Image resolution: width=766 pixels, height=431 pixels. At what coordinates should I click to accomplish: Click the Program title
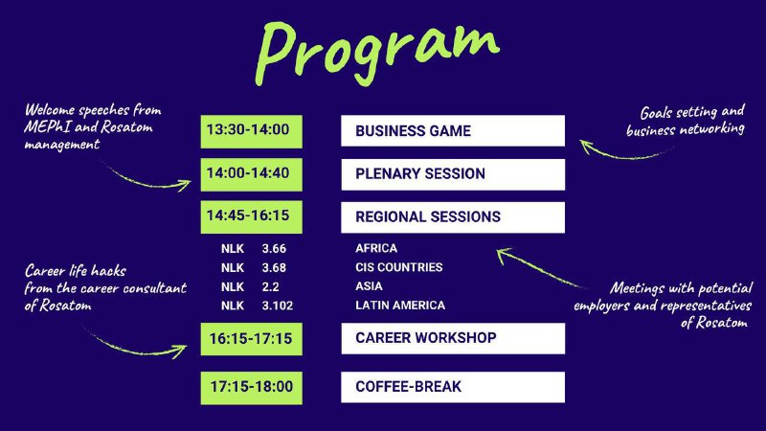[x=377, y=53]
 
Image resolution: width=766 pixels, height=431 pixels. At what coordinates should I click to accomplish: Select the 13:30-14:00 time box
[x=251, y=131]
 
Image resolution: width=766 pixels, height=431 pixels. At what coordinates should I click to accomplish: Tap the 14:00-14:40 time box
[x=251, y=174]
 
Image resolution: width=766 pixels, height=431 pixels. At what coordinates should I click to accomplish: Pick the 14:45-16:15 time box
[x=251, y=217]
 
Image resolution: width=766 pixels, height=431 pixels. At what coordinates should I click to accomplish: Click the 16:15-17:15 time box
[x=251, y=339]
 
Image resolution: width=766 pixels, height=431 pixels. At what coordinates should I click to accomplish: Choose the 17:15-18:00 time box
[x=251, y=388]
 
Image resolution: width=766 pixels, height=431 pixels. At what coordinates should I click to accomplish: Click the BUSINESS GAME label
[x=414, y=131]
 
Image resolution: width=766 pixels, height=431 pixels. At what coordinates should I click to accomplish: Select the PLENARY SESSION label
[x=420, y=174]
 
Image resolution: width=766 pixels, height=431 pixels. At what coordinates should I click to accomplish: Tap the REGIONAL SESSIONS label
[x=428, y=217]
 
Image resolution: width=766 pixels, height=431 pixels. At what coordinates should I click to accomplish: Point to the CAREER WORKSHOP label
[x=426, y=338]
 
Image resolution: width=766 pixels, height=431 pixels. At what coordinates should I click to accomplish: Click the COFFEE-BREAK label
[x=409, y=387]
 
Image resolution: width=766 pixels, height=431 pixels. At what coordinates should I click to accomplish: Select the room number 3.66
[x=274, y=249]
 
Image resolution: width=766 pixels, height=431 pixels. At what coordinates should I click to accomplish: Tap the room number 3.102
[x=278, y=306]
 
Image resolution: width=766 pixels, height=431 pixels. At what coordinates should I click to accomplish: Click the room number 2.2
[x=270, y=286]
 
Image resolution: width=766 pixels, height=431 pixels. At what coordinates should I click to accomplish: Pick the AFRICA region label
[x=376, y=248]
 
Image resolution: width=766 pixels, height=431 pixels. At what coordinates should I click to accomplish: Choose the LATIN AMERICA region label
[x=400, y=306]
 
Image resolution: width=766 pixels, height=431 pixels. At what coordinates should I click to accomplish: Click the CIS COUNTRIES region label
[x=399, y=267]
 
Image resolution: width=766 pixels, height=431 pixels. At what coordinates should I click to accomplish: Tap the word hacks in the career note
[x=108, y=271]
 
